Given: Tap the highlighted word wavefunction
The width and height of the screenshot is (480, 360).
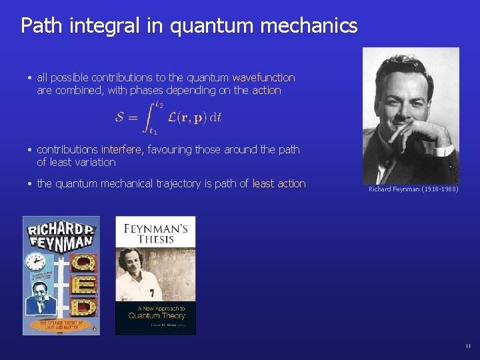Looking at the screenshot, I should point(263,77).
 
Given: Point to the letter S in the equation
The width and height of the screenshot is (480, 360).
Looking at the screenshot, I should point(120,117).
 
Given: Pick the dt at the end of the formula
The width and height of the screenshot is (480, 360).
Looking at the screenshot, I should point(215,118).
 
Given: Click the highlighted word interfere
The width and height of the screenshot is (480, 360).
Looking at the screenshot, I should point(121,149).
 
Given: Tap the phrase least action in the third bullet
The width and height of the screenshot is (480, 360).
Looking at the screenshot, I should point(279,183).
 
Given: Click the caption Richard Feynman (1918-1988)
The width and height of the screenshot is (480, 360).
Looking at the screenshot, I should point(413,189).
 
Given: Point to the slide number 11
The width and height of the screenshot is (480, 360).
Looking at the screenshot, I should point(468,345).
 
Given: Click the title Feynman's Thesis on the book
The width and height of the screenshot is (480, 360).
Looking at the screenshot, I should point(155,233).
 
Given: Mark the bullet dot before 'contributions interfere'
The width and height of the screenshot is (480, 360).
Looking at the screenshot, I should point(31,150).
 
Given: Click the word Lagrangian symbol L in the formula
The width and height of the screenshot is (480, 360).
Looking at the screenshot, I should point(172,117).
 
